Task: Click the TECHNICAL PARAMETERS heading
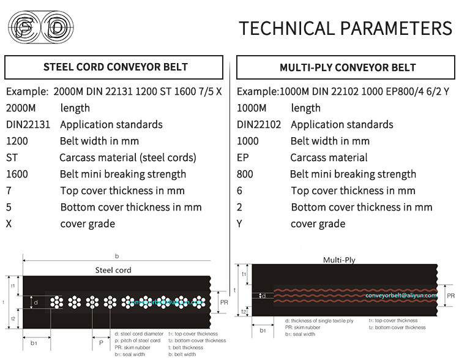point(345,28)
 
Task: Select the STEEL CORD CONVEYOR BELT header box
point(116,67)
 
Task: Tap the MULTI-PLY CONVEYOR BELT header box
point(348,67)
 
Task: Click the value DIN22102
point(259,124)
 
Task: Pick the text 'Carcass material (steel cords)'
point(128,157)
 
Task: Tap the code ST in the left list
point(12,157)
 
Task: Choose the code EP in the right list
point(243,157)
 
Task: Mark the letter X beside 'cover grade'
point(9,223)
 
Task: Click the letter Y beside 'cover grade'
point(240,223)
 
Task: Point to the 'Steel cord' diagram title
point(113,269)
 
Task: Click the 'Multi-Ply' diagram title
point(339,260)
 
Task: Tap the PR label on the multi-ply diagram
point(451,295)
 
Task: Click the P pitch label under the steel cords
point(101,343)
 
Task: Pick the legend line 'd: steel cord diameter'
point(139,334)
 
